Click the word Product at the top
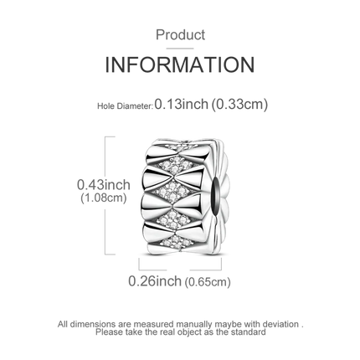[180, 35]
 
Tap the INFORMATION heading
[180, 64]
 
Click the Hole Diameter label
[125, 106]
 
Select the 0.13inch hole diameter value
[182, 104]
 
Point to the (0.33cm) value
[239, 105]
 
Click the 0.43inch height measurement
[104, 185]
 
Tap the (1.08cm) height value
[104, 198]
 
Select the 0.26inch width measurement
[155, 280]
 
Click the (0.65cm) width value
[208, 282]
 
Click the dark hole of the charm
[217, 191]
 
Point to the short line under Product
[180, 49]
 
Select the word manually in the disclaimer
[193, 325]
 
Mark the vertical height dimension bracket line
[105, 196]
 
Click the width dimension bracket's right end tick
[221, 264]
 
